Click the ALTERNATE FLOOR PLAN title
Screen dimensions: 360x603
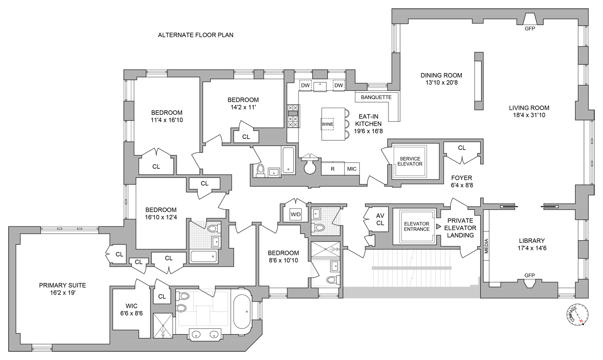coord(196,35)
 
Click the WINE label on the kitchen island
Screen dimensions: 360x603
coord(327,124)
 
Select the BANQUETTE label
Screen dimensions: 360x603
coord(376,97)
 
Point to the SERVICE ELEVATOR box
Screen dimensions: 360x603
coord(410,161)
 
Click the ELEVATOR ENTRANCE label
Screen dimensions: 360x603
coord(416,227)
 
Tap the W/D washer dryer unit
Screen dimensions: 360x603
coord(295,214)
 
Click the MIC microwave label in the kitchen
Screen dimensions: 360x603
coord(352,169)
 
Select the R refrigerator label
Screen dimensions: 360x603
coord(333,169)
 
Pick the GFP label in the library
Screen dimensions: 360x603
coord(529,276)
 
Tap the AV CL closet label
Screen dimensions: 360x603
coord(380,219)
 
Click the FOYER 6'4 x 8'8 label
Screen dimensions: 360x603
coord(461,181)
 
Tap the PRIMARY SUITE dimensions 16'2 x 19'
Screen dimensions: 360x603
coord(62,292)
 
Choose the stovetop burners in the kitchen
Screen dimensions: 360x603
coord(293,116)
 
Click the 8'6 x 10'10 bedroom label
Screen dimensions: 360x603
coord(283,261)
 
